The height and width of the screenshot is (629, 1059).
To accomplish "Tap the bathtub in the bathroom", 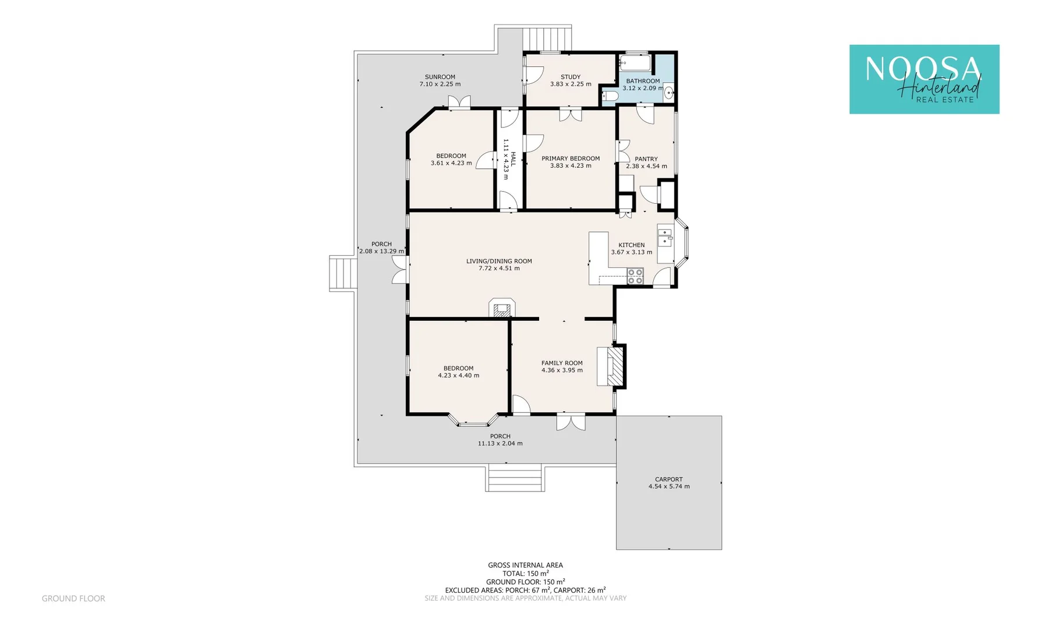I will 634,62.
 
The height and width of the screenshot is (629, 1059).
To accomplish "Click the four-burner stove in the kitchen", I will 635,276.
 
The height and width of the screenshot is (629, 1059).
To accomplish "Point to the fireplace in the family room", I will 614,366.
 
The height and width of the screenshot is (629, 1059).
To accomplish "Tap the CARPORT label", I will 668,479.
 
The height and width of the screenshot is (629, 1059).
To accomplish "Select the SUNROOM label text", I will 440,77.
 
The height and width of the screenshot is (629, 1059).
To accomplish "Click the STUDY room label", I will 570,77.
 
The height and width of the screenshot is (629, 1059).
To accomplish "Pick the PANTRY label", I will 646,159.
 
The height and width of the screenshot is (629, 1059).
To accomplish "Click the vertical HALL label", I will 513,159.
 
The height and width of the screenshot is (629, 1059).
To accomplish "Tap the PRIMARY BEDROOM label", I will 570,158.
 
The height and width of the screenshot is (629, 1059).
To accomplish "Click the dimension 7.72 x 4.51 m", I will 499,268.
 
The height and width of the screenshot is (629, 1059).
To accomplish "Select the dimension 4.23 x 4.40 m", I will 458,376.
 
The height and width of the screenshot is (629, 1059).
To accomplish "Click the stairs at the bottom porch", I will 515,478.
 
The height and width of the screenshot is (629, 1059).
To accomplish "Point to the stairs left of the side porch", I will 343,273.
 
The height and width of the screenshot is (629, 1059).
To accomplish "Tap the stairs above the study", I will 547,38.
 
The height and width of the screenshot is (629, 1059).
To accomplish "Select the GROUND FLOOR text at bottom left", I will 73,598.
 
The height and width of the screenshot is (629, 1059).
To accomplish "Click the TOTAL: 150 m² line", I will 525,574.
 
